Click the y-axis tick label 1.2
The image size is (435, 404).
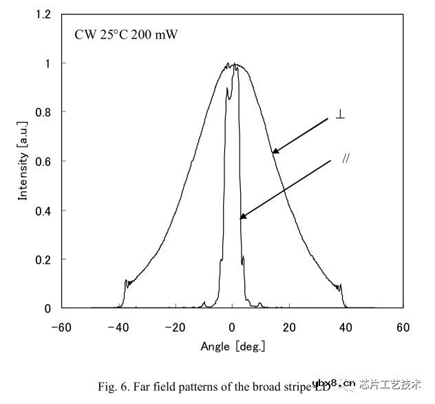[x=43, y=14]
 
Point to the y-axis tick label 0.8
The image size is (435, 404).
[x=43, y=112]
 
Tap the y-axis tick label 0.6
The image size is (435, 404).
[x=43, y=161]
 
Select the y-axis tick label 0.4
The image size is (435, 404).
[x=43, y=211]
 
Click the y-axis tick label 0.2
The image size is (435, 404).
[x=43, y=259]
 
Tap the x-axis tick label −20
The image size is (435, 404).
[x=175, y=327]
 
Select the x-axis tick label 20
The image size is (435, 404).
[x=289, y=327]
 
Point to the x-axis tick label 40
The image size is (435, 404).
[x=346, y=327]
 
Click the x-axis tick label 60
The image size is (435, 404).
[x=403, y=327]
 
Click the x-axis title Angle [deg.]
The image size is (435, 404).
[x=232, y=346]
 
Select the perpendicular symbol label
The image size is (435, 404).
[x=340, y=114]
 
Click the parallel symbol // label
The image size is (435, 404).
[x=347, y=158]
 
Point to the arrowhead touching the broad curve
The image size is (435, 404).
[x=275, y=151]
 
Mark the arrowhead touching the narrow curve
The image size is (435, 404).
[x=242, y=217]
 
